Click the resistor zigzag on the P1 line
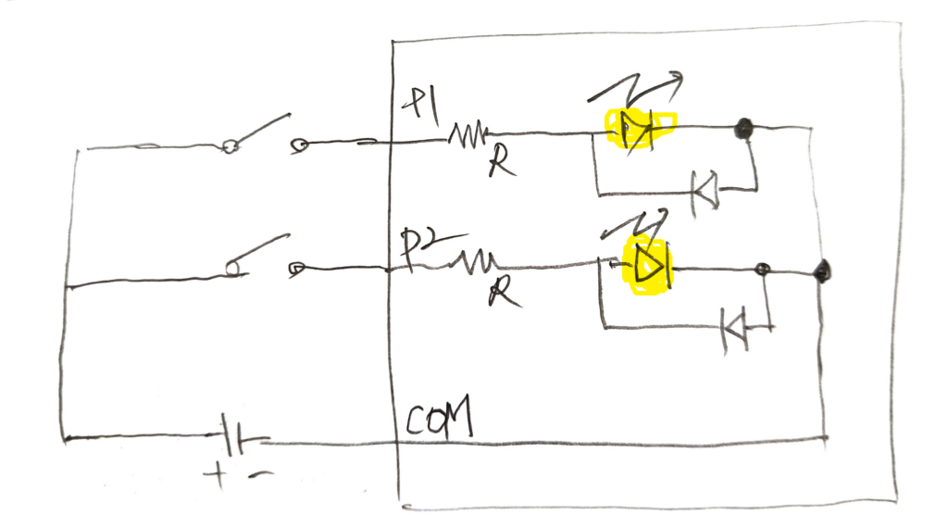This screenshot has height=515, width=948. (468, 138)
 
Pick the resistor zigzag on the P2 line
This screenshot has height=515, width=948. (474, 264)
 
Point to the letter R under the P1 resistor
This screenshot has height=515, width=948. (500, 167)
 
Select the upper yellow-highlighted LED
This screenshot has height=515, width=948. (638, 131)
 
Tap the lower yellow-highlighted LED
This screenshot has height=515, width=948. (648, 267)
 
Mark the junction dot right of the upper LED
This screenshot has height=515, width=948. (741, 130)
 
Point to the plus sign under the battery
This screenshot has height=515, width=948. (220, 477)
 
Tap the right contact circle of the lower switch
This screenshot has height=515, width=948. (296, 269)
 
